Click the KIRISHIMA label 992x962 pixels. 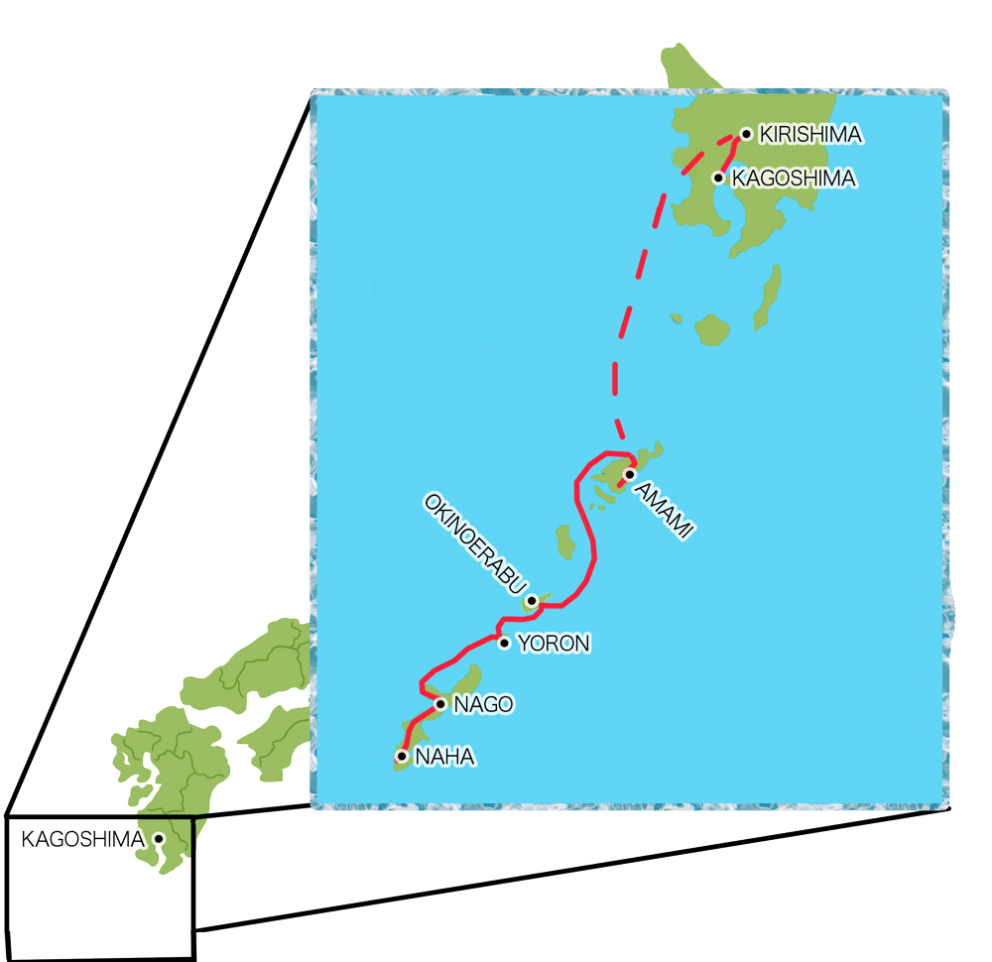[808, 134]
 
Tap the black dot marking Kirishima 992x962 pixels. [746, 133]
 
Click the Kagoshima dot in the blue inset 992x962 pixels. [718, 179]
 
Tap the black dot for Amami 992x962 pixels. [629, 474]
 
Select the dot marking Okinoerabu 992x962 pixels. [533, 600]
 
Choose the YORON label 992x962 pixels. [554, 644]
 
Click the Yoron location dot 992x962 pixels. [504, 643]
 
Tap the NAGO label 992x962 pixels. [483, 705]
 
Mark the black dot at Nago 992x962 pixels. [440, 704]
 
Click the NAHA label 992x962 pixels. [445, 757]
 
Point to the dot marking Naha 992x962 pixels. [401, 756]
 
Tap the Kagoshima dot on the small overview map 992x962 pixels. [159, 839]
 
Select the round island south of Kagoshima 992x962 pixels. [712, 329]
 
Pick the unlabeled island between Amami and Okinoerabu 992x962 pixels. [566, 542]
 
